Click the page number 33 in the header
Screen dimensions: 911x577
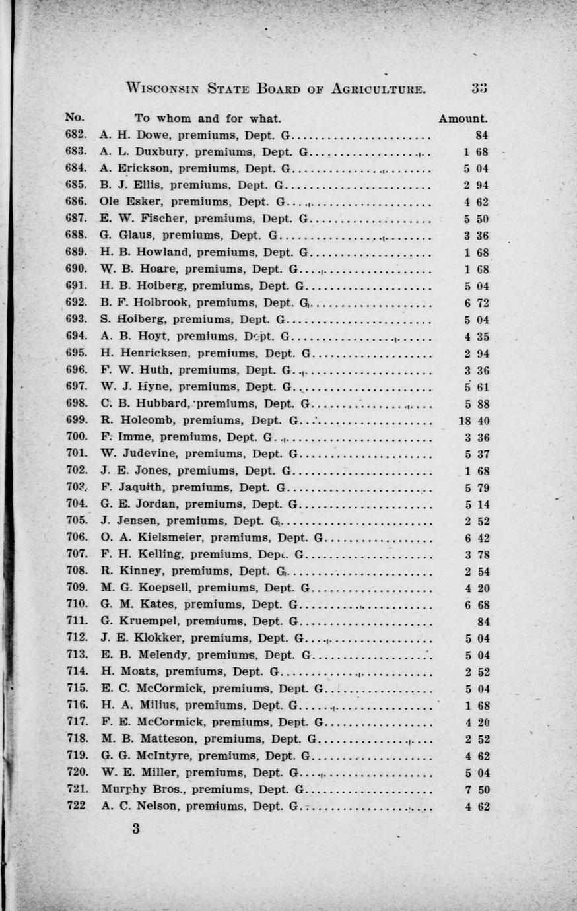point(479,88)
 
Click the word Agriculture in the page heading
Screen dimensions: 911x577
point(378,88)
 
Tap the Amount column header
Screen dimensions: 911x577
point(463,119)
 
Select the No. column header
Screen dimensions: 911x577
point(75,118)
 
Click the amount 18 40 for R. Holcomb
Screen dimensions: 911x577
point(473,421)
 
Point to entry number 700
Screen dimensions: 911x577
point(77,436)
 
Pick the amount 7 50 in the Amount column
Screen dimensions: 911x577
point(477,790)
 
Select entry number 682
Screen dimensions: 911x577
point(77,135)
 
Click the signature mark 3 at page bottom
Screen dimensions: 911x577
point(136,830)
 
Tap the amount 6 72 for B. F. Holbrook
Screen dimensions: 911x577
point(476,304)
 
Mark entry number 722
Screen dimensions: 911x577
point(77,806)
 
